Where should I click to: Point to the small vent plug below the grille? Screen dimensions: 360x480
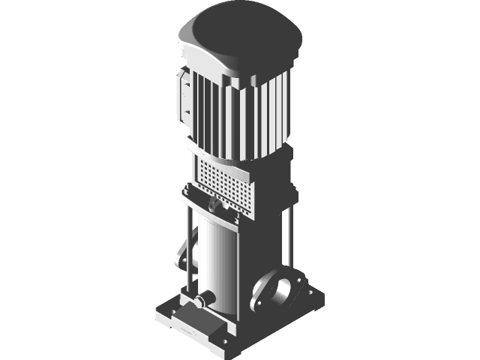pos(214,202)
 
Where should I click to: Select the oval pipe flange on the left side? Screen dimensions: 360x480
pos(181,255)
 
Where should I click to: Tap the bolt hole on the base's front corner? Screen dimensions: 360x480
pos(222,344)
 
